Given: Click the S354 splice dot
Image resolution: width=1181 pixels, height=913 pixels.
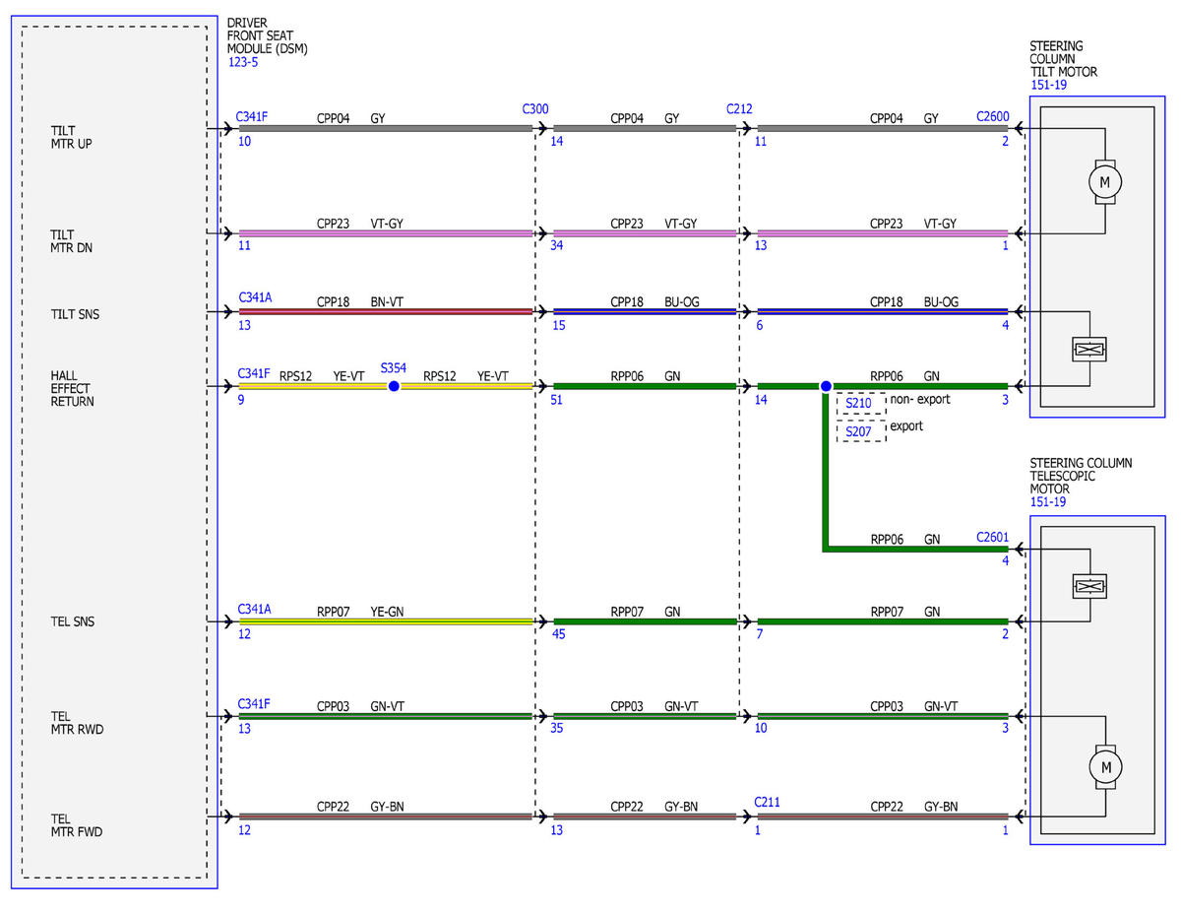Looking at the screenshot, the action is click(394, 386).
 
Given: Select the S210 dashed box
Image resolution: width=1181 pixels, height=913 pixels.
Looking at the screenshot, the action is click(860, 403).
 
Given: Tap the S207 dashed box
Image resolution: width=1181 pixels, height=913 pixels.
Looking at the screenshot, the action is click(860, 431).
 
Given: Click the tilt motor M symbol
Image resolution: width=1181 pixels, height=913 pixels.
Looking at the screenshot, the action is click(1104, 182).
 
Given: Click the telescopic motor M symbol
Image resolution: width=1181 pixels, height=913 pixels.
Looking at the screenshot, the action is click(1105, 767).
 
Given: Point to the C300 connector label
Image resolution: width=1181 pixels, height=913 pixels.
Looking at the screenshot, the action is click(534, 109).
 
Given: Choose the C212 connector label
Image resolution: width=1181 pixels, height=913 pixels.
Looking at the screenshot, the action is click(739, 109).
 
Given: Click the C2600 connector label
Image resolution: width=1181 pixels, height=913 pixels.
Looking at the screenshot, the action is click(992, 117).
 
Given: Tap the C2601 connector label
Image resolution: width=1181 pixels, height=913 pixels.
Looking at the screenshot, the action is click(992, 537).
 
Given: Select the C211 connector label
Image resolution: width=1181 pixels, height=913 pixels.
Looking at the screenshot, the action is click(767, 802).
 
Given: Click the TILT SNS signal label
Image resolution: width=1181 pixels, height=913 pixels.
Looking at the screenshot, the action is click(75, 314).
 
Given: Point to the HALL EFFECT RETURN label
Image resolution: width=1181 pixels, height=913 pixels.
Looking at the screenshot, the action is click(72, 389).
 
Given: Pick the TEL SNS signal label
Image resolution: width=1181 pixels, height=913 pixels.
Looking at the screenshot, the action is click(72, 621).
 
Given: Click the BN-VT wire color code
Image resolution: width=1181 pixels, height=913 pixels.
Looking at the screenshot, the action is click(387, 301).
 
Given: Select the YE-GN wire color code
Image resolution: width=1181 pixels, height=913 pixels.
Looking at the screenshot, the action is click(387, 612).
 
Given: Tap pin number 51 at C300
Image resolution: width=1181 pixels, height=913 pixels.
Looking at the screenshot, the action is click(556, 400).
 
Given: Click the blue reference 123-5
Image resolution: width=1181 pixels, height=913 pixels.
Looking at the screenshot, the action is click(243, 62).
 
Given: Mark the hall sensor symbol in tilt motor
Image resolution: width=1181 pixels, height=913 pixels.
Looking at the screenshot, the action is click(1089, 349).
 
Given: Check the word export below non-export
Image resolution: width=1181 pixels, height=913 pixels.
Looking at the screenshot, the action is click(906, 425).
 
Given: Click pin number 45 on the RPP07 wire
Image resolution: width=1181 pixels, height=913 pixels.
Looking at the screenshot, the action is click(558, 634).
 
